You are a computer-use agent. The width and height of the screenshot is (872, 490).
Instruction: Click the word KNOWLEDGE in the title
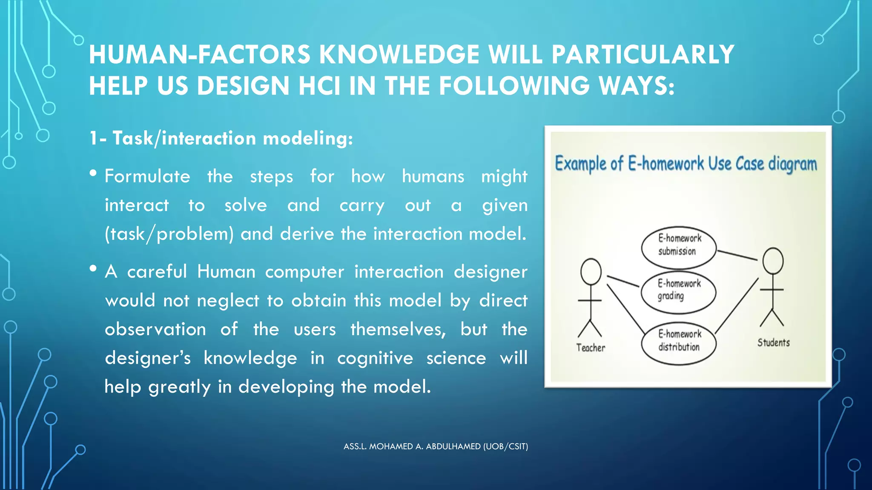click(399, 55)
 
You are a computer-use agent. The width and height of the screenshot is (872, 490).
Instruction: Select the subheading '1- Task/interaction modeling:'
click(221, 138)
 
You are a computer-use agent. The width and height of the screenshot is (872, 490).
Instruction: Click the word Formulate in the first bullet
click(147, 176)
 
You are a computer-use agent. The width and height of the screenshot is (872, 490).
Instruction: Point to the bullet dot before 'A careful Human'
click(93, 269)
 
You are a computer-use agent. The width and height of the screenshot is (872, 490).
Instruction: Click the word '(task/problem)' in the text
click(169, 234)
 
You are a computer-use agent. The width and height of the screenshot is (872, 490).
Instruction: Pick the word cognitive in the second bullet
click(375, 358)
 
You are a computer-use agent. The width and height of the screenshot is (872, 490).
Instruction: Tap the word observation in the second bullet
click(155, 329)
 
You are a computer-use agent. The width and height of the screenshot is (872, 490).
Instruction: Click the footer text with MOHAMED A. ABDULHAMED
click(436, 446)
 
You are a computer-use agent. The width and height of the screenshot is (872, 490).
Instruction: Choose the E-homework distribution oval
click(679, 343)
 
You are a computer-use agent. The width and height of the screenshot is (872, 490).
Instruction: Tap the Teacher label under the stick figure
click(591, 348)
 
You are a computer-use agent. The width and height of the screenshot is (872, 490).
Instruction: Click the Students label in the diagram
click(773, 342)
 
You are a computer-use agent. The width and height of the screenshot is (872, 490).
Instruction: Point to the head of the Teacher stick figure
click(591, 271)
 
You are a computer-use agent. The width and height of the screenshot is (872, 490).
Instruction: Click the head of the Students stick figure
click(773, 261)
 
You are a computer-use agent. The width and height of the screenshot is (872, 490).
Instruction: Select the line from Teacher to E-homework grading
click(623, 281)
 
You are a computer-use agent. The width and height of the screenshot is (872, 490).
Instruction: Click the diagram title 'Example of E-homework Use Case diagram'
click(686, 164)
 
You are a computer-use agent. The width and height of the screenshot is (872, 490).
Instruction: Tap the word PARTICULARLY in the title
click(643, 55)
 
